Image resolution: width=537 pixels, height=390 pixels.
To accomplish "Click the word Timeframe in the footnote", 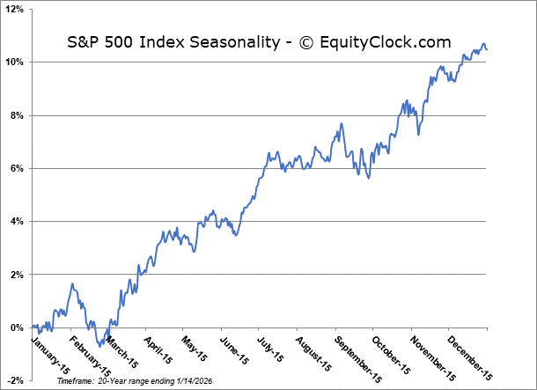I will pyautogui.click(x=76, y=381).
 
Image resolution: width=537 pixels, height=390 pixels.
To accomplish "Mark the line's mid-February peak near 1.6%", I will pyautogui.click(x=72, y=284).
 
